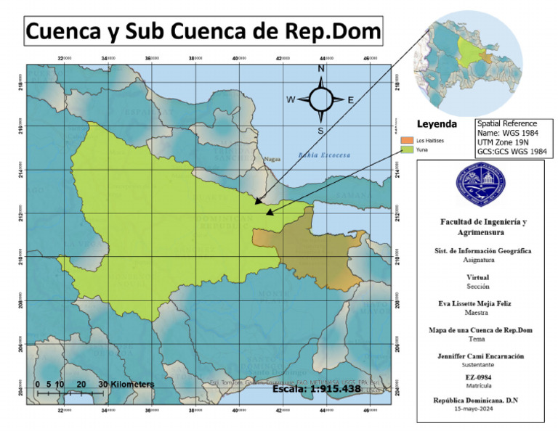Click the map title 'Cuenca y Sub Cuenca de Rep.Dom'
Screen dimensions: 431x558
[203, 33]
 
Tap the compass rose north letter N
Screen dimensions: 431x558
[320, 70]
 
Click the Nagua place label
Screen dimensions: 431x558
[272, 158]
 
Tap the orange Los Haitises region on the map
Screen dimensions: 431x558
[320, 250]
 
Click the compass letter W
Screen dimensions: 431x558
[291, 99]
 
